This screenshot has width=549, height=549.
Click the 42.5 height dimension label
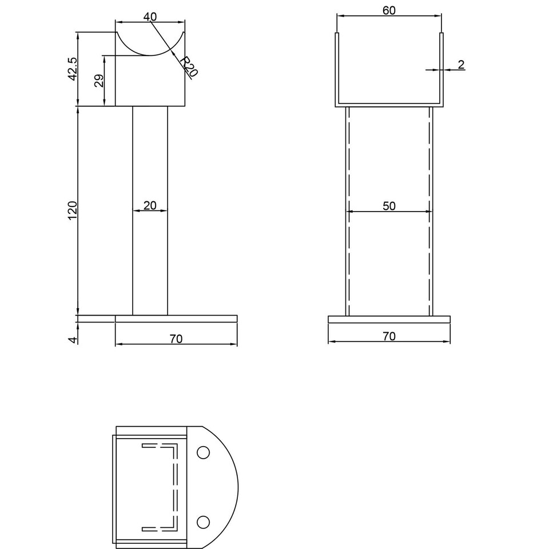tap(73, 69)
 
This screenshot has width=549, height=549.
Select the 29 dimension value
tap(99, 81)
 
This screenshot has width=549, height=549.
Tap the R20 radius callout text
tap(188, 66)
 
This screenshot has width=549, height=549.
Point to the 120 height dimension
tap(73, 210)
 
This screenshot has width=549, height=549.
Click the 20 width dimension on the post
tap(150, 205)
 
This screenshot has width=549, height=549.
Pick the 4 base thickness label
tap(73, 340)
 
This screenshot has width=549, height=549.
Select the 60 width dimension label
tap(389, 10)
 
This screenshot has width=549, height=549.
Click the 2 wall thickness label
tap(461, 65)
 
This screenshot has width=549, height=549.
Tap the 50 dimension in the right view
tap(389, 206)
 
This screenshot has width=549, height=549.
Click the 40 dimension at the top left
tap(150, 17)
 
